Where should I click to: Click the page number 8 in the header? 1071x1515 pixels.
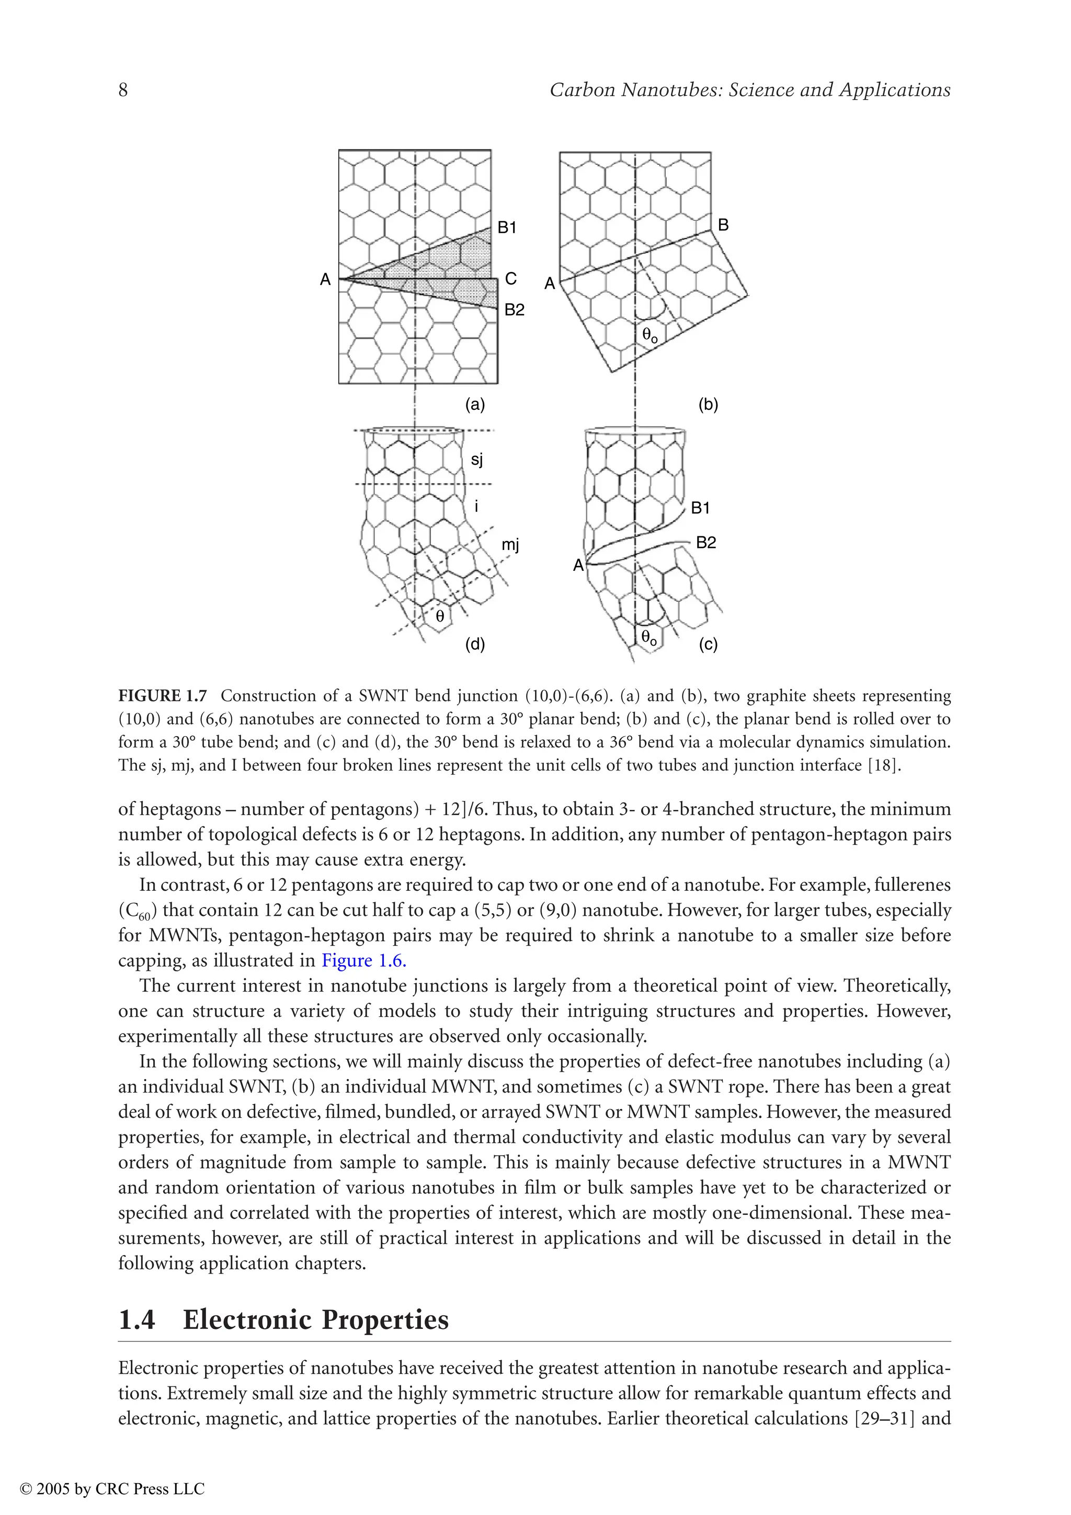pyautogui.click(x=123, y=90)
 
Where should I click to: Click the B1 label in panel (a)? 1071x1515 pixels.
pyautogui.click(x=507, y=227)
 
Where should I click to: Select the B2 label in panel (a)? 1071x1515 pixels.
pyautogui.click(x=514, y=309)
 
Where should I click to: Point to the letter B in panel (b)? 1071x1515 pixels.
pyautogui.click(x=723, y=225)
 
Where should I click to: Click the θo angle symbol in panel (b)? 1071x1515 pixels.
pyautogui.click(x=650, y=336)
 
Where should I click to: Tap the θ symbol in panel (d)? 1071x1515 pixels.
pyautogui.click(x=439, y=616)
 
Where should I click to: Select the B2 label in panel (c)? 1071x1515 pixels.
pyautogui.click(x=705, y=543)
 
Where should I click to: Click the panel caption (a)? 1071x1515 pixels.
pyautogui.click(x=475, y=405)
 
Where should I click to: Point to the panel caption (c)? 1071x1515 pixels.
pyautogui.click(x=708, y=644)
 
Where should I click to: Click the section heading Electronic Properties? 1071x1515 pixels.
pyautogui.click(x=315, y=1319)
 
